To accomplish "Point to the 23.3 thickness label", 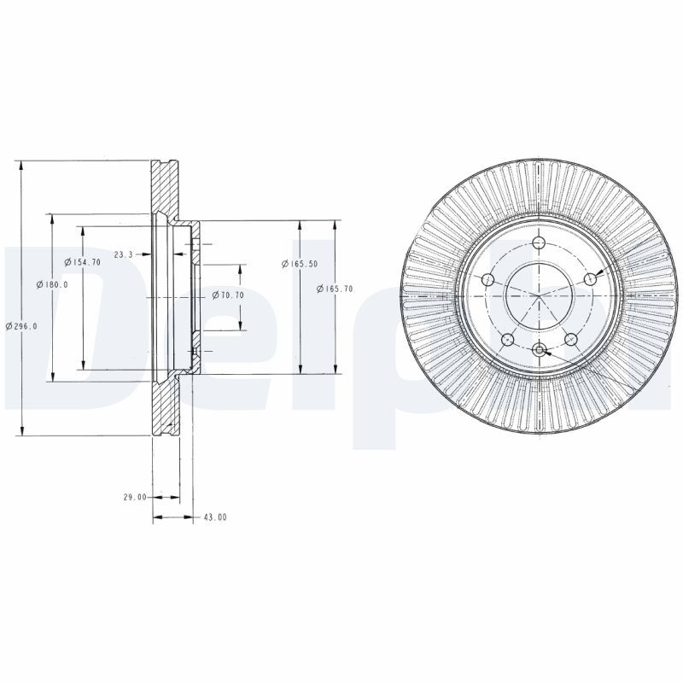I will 124,254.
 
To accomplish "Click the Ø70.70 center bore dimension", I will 228,295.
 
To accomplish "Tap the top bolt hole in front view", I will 539,245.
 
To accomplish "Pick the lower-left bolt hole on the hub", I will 507,337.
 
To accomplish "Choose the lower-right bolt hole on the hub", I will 570,337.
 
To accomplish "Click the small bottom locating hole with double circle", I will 539,349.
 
